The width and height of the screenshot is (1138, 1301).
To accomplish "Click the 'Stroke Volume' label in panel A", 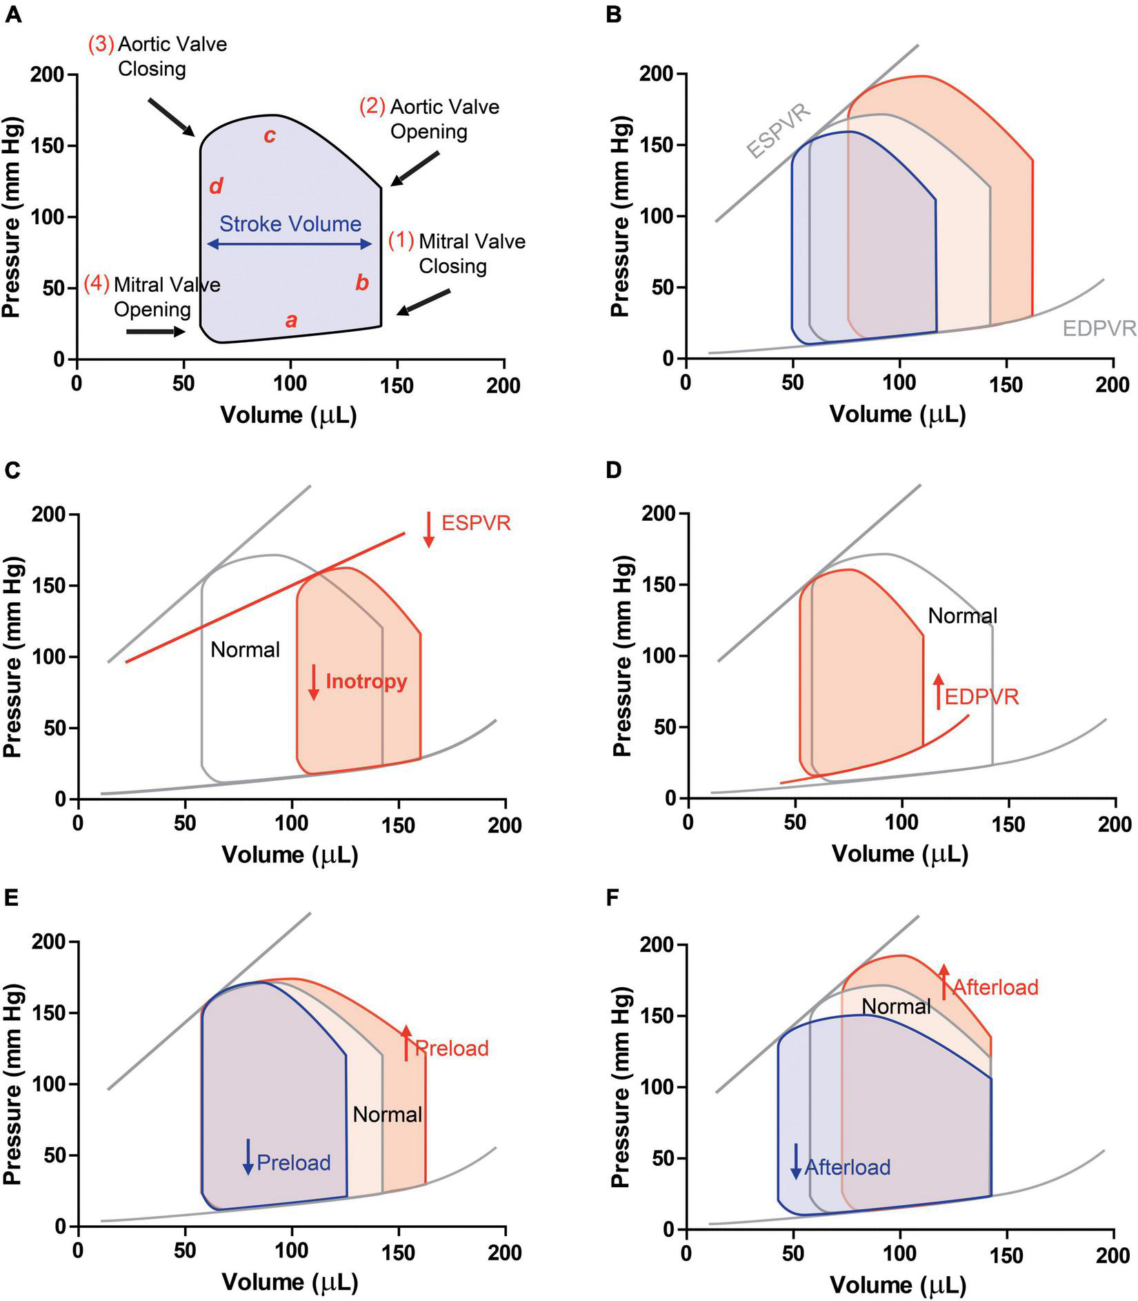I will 290,224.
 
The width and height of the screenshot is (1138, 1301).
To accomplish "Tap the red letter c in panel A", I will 270,136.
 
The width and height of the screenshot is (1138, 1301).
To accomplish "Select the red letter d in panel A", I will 216,186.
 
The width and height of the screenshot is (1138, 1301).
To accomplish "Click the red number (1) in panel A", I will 401,241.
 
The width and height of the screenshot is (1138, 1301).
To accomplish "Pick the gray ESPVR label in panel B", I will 779,131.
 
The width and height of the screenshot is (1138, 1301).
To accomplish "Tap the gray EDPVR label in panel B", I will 1098,328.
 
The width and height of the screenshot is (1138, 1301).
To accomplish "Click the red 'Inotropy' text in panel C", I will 366,682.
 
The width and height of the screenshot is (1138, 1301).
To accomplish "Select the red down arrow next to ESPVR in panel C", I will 429,529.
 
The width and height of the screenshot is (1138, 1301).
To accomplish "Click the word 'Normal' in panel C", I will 245,649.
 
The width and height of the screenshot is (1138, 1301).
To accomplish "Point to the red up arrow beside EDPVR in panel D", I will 938,691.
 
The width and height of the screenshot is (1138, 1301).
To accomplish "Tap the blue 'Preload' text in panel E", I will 294,1163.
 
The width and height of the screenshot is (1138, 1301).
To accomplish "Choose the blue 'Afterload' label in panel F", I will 847,1167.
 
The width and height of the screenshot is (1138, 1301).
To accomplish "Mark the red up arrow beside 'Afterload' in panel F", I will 944,981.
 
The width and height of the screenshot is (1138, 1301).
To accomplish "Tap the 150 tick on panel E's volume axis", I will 398,1251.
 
